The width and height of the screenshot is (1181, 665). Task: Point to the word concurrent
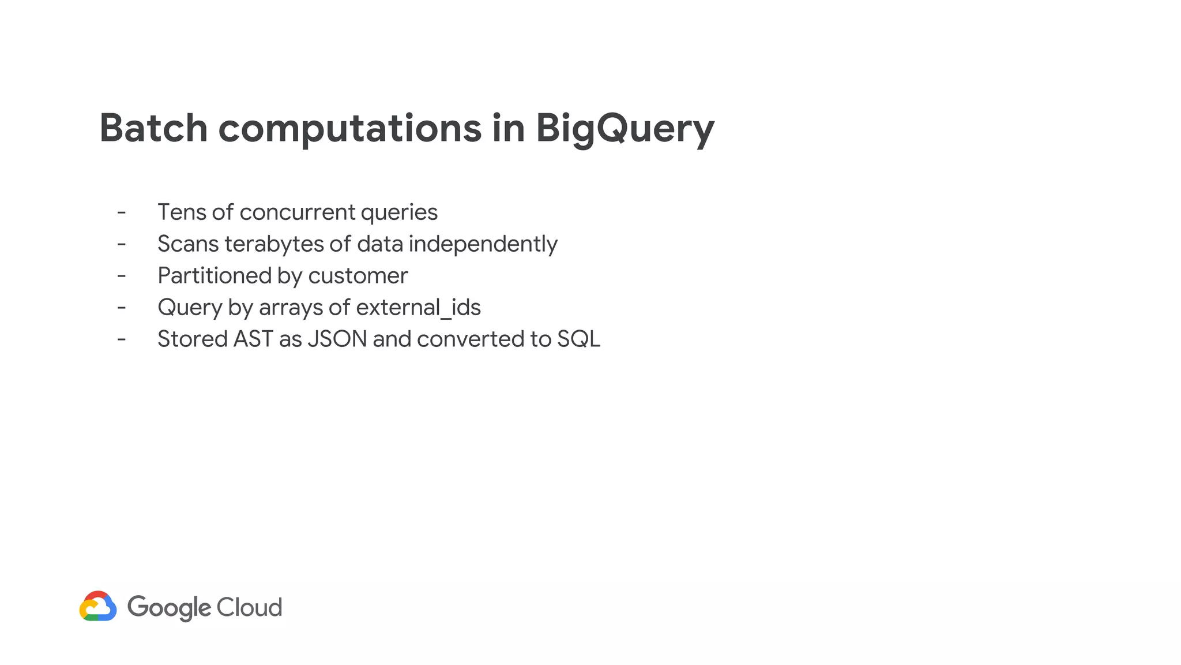click(297, 212)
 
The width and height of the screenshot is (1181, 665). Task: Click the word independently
click(483, 244)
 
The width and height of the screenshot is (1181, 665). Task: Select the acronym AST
click(253, 339)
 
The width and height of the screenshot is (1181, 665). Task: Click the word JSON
click(337, 339)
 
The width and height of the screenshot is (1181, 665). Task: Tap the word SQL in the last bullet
click(578, 339)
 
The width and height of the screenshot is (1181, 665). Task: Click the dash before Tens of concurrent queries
click(121, 212)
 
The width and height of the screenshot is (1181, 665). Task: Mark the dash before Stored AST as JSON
click(121, 339)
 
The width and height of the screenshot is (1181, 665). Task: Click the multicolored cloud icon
click(98, 606)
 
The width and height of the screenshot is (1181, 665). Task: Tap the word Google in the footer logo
click(169, 607)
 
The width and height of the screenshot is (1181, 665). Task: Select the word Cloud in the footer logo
click(249, 607)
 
